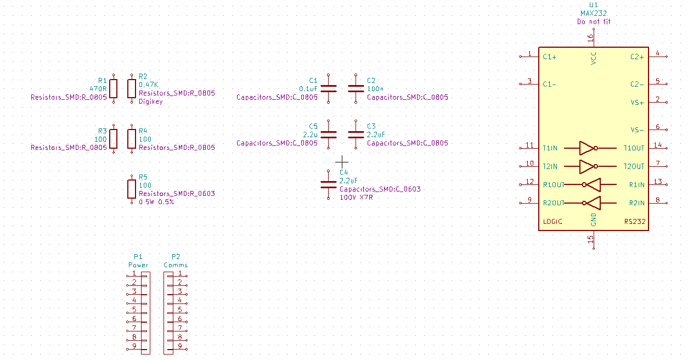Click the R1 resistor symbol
coord(114,88)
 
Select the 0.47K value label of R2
coord(148,85)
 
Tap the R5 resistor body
coord(132,189)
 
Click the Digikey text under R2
coord(150,102)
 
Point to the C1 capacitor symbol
coord(329,88)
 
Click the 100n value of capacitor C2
coord(375,88)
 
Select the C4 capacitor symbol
coord(329,184)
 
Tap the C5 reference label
coord(313,126)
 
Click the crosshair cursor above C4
coord(342,161)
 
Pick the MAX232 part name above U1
coord(593,13)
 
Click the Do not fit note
coord(593,22)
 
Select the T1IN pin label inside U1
coord(550,148)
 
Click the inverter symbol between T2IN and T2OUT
coord(588,166)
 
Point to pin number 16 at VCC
coord(590,38)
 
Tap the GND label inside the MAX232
coord(593,220)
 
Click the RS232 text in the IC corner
coord(635,222)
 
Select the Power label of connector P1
coord(138,265)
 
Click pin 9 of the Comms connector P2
coord(179,346)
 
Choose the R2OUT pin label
coord(553,203)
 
